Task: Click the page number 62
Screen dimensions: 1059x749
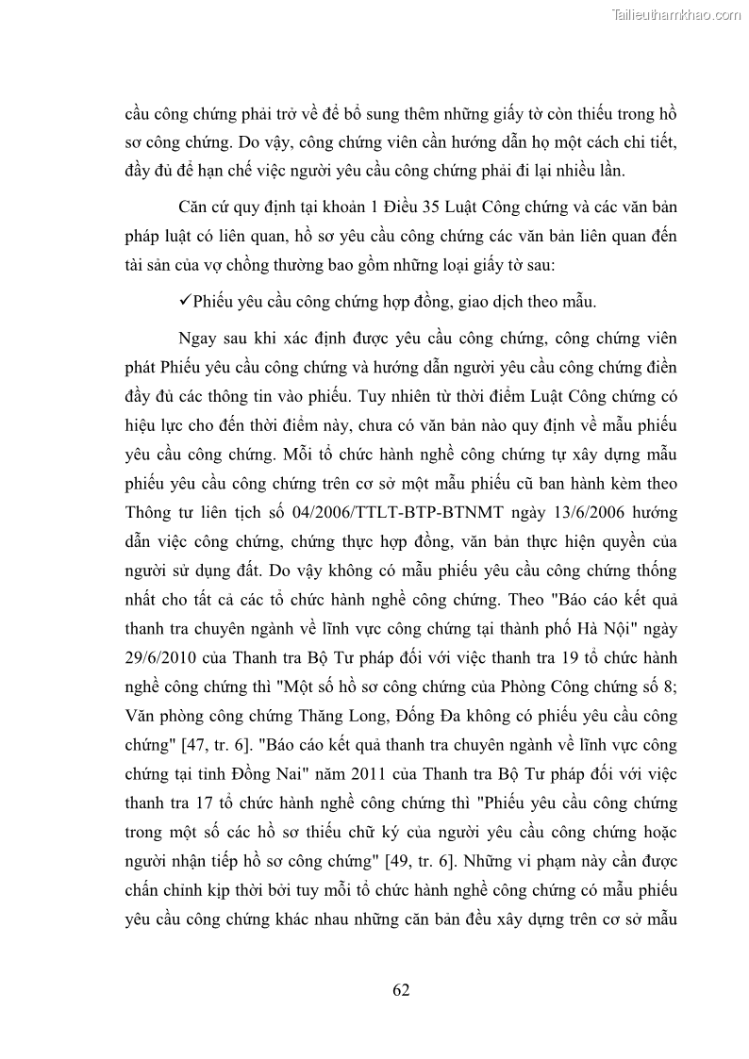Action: pos(400,990)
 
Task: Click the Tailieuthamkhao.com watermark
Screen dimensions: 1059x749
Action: pos(676,14)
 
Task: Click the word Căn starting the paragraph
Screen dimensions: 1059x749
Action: pos(193,205)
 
